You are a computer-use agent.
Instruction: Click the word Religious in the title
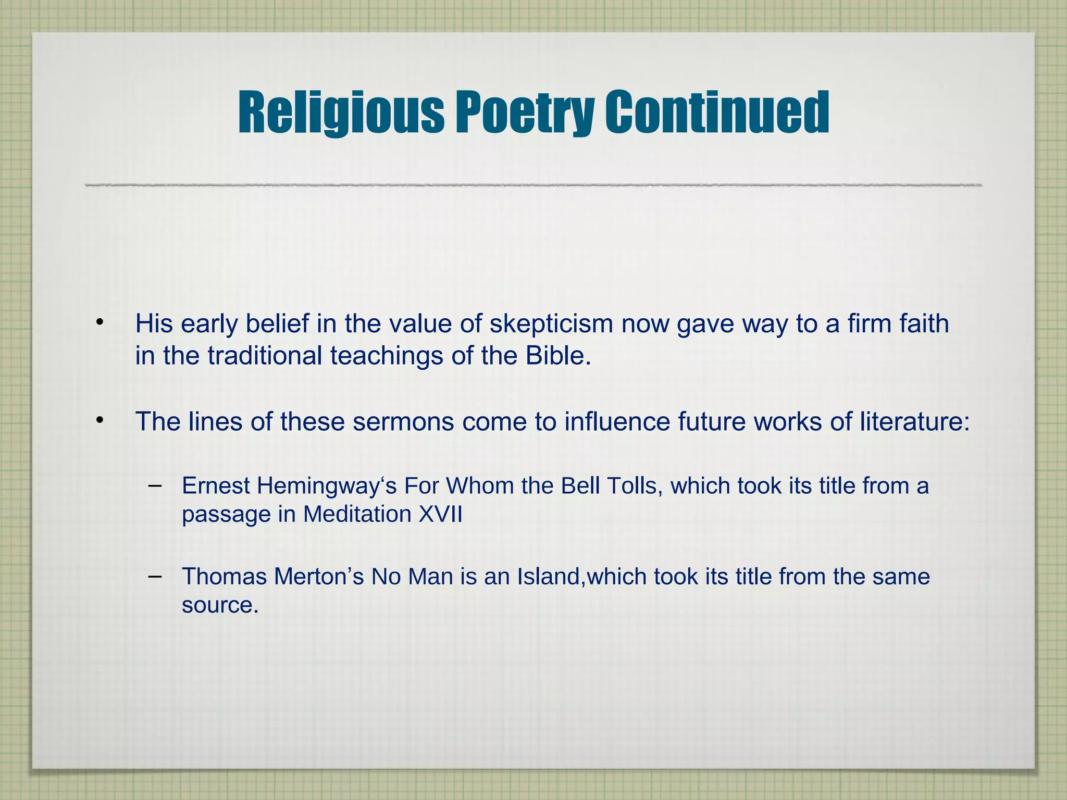click(341, 113)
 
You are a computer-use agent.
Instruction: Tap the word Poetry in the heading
click(525, 113)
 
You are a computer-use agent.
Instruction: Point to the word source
click(219, 605)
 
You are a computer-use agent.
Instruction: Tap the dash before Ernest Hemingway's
click(154, 485)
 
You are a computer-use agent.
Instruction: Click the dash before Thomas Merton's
click(154, 576)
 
